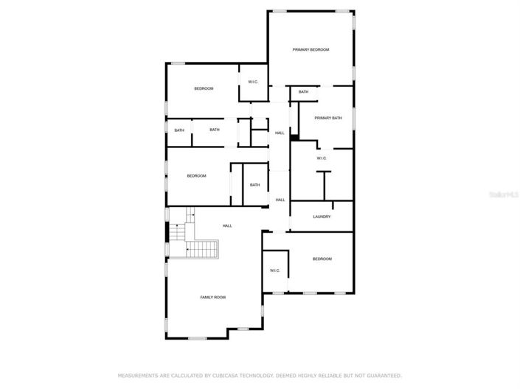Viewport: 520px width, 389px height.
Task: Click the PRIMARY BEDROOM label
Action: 311,49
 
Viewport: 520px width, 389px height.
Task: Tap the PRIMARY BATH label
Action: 328,118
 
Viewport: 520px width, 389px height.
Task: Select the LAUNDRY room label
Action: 322,217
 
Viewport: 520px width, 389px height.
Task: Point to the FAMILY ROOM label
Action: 213,297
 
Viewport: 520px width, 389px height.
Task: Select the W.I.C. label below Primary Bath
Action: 322,158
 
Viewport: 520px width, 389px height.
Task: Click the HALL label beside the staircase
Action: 227,226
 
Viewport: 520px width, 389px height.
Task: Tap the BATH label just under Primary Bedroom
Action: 303,92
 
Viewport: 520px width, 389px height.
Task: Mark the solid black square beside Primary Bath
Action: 294,136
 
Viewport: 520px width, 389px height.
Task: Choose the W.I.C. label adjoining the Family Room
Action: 274,270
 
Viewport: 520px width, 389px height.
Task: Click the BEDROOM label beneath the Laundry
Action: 322,259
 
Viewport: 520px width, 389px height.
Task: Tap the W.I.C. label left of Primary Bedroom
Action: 252,82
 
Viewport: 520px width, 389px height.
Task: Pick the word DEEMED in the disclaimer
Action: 286,376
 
